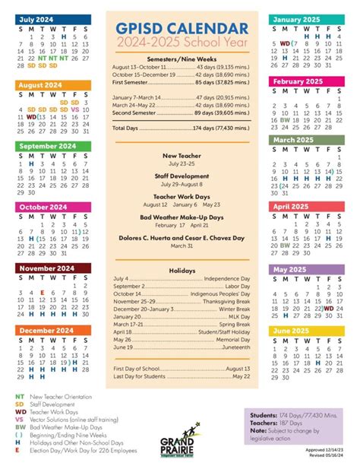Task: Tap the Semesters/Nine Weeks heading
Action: tap(180, 59)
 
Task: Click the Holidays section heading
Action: tap(180, 271)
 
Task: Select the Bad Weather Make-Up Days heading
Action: tap(180, 217)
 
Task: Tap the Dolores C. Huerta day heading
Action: tap(180, 238)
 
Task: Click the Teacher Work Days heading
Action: tap(180, 196)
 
